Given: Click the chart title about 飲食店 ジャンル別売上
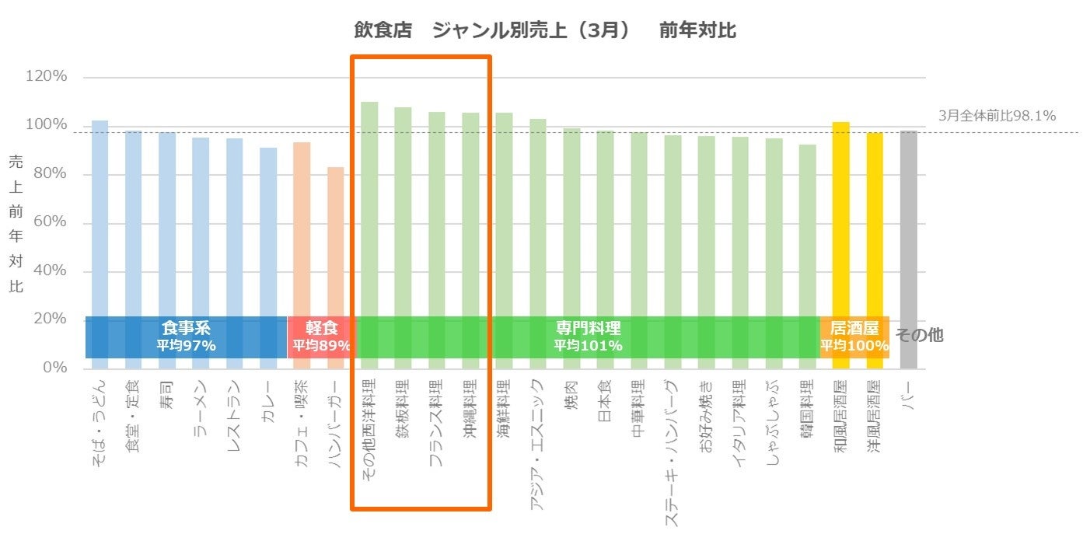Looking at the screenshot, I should pos(544,31).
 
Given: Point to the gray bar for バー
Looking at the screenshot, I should pos(908,233).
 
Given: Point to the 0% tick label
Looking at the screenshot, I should pos(54,367).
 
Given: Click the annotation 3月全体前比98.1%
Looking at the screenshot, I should pos(997,116).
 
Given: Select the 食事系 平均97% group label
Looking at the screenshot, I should pos(186,336).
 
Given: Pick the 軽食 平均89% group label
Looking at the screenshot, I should pos(321,336).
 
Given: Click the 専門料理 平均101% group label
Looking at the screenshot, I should pos(588,336).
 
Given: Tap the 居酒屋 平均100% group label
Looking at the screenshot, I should pos(854,336).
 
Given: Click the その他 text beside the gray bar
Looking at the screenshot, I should pos(919,335).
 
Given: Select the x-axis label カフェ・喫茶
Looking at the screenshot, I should pos(302,423).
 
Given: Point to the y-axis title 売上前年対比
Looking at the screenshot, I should pos(16,224).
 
